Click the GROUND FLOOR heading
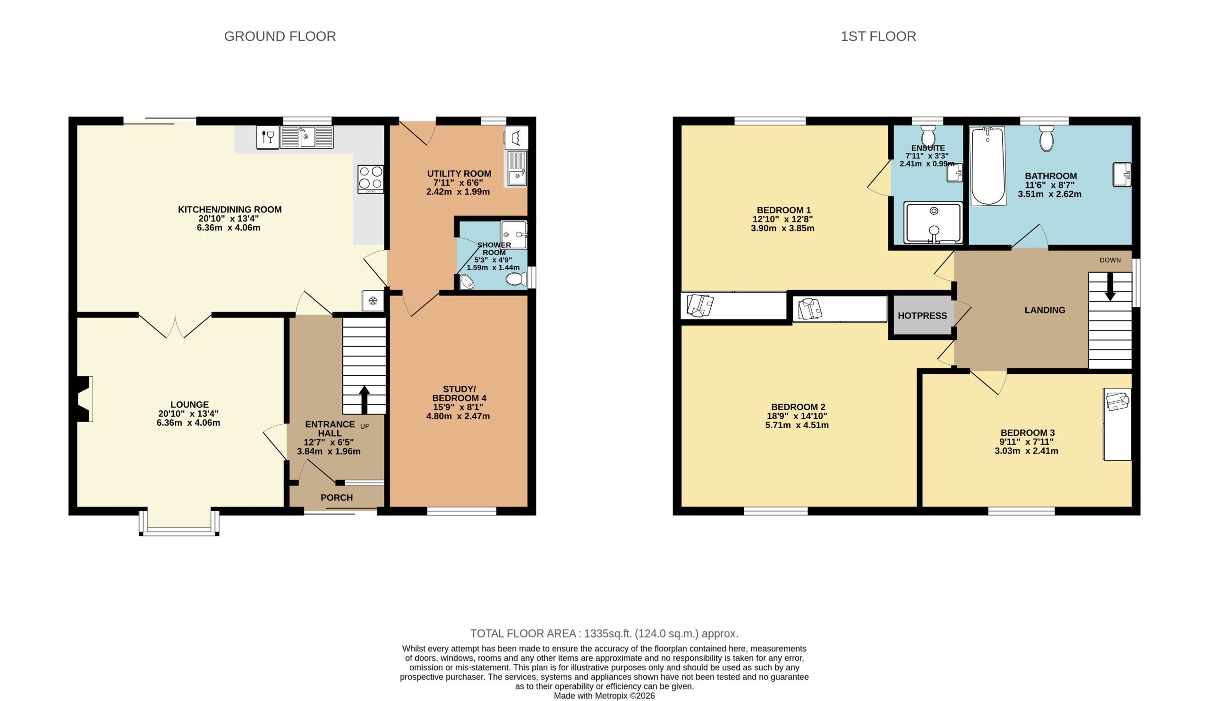280,36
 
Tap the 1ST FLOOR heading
878,36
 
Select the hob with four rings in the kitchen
370,179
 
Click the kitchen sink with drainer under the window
307,137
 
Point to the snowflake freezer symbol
373,301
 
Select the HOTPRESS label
922,315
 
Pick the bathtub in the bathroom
988,166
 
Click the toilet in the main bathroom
1046,139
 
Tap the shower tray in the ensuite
933,223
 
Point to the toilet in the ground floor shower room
516,279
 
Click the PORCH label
336,498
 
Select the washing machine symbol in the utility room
516,138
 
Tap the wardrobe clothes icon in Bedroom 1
700,305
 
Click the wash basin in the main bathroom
1122,175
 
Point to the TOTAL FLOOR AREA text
604,633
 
